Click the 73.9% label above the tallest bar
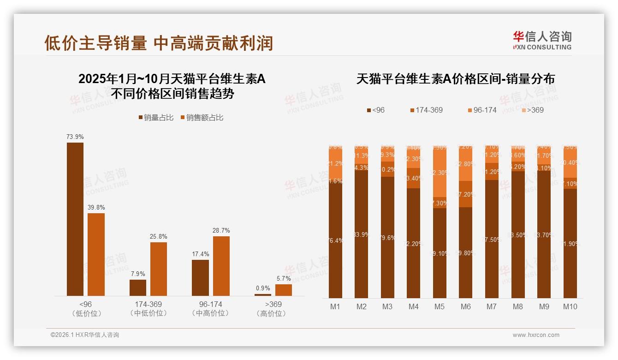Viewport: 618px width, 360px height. pos(75,137)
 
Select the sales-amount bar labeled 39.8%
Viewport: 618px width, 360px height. pos(96,254)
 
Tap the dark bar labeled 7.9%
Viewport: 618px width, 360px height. pos(138,288)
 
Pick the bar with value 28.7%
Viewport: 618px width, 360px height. pos(221,266)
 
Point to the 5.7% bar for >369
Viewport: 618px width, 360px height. pos(284,290)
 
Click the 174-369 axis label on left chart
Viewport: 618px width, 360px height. pos(148,305)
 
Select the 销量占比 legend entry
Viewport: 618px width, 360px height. pos(156,118)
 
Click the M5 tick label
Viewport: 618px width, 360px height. pos(440,306)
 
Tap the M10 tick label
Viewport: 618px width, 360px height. pos(570,306)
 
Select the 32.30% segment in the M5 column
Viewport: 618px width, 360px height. pos(440,173)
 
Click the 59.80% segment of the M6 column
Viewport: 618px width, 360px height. pos(466,252)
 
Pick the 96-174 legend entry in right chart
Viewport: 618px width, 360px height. pos(482,110)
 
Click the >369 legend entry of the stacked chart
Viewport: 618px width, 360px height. pos(532,110)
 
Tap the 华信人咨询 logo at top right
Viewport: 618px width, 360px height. pos(542,40)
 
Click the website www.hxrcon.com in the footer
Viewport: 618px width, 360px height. pos(536,335)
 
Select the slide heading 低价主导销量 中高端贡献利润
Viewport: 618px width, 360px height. pos(159,43)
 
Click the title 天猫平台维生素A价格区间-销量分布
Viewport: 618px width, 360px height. pos(455,79)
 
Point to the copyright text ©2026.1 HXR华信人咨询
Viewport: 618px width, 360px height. pos(84,335)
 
